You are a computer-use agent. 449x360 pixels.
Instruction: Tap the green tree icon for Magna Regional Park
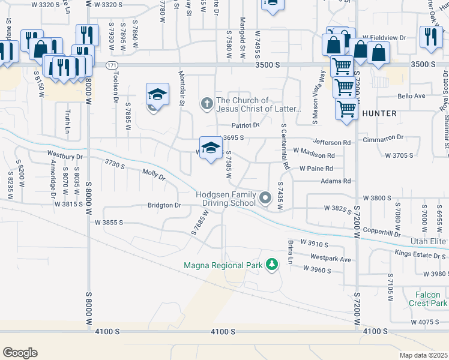[x=272, y=264]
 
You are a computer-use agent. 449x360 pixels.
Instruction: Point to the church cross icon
[x=206, y=104]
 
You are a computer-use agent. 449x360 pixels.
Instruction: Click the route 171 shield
[x=111, y=65]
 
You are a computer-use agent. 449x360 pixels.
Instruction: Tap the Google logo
[x=20, y=353]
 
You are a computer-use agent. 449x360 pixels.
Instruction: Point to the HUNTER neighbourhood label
[x=379, y=113]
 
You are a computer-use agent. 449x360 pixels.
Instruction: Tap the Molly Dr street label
[x=153, y=175]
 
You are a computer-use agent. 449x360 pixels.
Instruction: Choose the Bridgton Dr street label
[x=164, y=205]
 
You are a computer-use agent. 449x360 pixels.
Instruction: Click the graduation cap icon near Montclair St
[x=157, y=95]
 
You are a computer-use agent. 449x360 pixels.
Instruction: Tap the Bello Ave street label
[x=411, y=96]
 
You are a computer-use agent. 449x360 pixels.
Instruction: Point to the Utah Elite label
[x=429, y=241]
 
